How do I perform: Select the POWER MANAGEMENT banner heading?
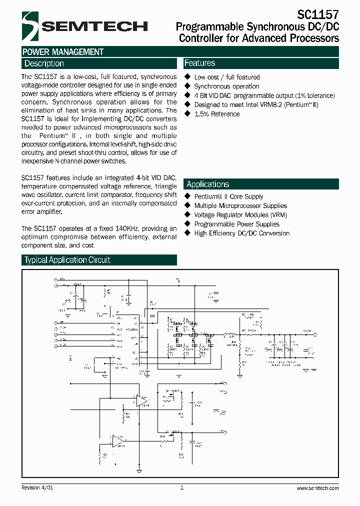63,52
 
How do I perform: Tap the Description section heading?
44,63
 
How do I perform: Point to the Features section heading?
200,63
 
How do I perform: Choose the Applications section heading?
208,184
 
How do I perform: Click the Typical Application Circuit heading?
67,260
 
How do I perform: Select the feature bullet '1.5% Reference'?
216,114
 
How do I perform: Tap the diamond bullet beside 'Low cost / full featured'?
188,77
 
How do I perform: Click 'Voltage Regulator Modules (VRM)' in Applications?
240,214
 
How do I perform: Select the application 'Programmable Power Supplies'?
236,224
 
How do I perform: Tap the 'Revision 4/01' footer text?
37,487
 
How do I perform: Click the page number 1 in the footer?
181,487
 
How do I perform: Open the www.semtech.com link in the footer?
317,488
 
